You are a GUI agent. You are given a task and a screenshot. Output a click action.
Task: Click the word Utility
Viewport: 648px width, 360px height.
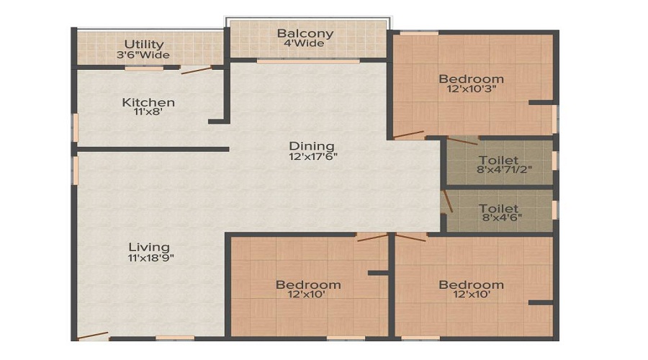[144, 44]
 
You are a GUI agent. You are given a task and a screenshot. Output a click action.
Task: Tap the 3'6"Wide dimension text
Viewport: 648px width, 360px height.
[144, 55]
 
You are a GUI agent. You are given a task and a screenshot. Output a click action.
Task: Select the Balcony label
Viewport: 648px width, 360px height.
[305, 33]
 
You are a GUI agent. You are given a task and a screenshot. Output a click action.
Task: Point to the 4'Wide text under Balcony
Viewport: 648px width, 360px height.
[305, 44]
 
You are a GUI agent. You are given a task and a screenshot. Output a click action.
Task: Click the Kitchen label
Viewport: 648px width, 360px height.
[148, 102]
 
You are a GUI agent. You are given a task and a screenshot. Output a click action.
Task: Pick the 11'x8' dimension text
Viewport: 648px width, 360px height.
[148, 113]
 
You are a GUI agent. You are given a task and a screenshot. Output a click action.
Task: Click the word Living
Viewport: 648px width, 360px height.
[150, 247]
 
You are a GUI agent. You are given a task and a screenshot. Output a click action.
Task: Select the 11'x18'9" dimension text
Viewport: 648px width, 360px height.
[150, 258]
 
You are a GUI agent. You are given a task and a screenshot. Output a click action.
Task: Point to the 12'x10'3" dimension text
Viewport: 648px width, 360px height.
[471, 90]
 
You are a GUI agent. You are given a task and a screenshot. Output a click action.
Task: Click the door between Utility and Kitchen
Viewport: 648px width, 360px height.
[196, 71]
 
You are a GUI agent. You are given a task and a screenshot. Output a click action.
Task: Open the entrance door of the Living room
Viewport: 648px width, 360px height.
[93, 335]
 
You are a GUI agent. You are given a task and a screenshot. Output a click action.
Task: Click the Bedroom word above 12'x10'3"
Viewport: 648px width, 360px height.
[471, 78]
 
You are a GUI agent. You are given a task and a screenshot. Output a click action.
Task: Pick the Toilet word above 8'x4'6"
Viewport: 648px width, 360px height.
[498, 209]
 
